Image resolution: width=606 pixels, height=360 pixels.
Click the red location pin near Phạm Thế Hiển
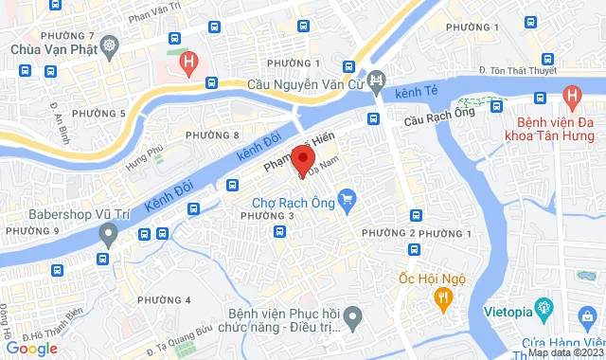[x=302, y=158]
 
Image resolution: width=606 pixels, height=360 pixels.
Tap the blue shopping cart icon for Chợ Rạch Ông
[x=348, y=199]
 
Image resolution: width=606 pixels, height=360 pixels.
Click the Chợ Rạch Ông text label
[x=294, y=201]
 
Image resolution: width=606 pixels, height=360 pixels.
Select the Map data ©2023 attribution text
[x=565, y=352]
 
